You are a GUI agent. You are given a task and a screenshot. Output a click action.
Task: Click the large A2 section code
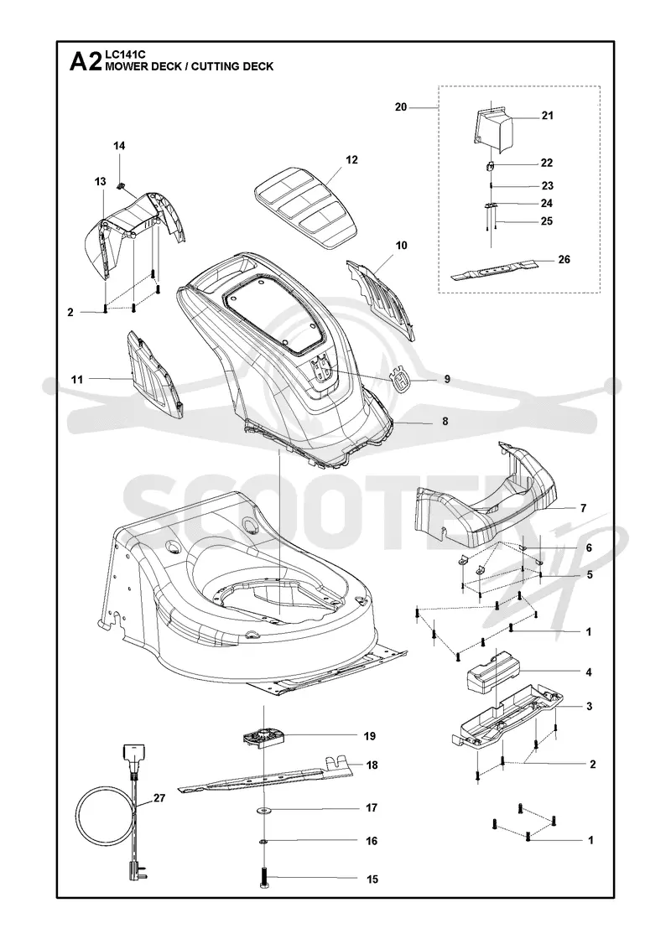pyautogui.click(x=86, y=62)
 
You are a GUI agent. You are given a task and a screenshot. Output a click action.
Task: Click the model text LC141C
pyautogui.click(x=122, y=54)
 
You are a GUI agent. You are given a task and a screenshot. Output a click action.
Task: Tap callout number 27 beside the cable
pyautogui.click(x=159, y=797)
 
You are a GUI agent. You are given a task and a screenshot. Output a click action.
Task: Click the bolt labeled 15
pyautogui.click(x=264, y=877)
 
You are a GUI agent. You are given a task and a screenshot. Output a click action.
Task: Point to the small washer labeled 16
pyautogui.click(x=264, y=841)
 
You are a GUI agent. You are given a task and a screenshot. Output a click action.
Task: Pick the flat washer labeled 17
pyautogui.click(x=264, y=810)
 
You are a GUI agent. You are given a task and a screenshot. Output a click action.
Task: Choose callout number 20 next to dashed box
pyautogui.click(x=401, y=107)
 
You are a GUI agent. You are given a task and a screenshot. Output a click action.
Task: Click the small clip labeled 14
pyautogui.click(x=120, y=185)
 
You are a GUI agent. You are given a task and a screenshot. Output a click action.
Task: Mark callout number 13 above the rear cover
pyautogui.click(x=100, y=181)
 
